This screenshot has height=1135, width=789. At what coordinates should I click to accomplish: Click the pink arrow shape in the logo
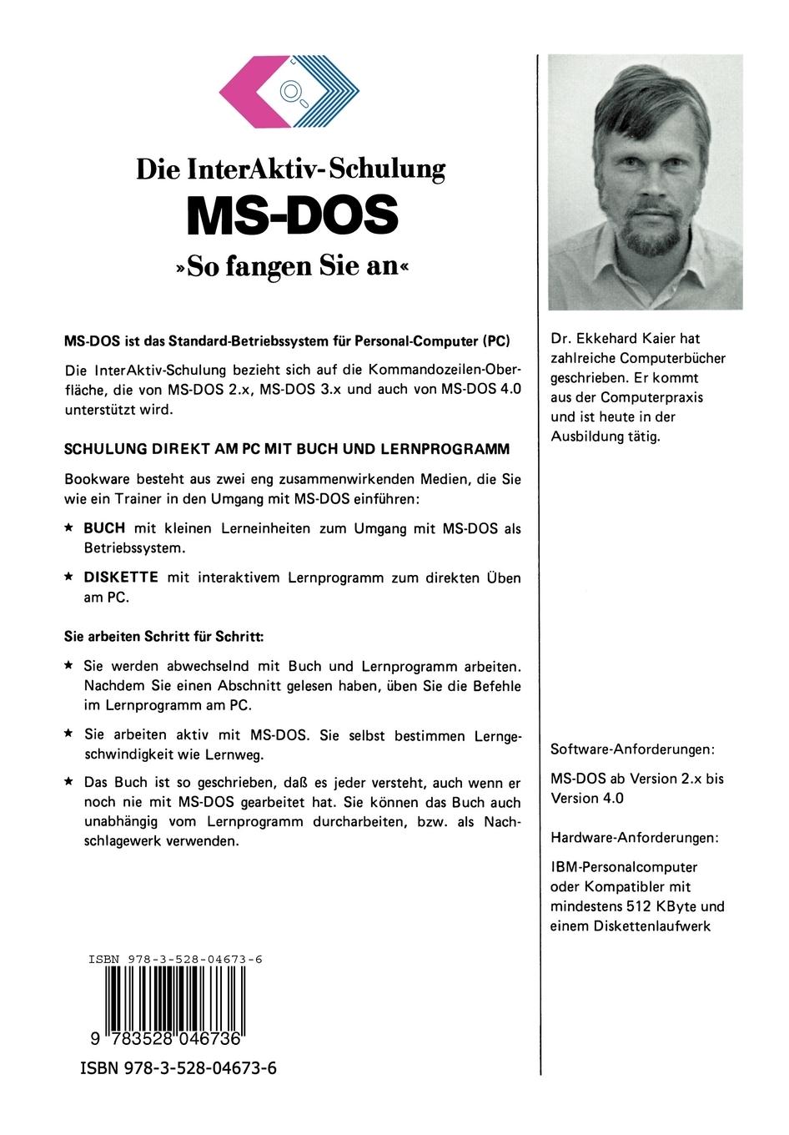(246, 93)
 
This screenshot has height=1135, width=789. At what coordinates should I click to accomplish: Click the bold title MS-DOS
(292, 215)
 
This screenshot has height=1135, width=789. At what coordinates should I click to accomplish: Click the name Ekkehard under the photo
(616, 339)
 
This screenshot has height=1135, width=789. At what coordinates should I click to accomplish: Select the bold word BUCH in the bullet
(104, 528)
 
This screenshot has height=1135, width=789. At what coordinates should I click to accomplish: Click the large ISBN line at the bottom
(178, 1068)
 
